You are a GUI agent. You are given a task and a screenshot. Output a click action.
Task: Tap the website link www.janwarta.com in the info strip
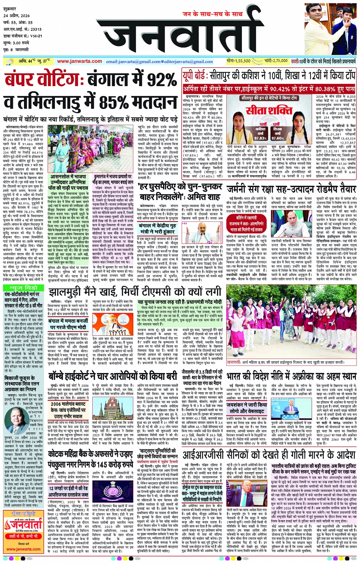click(80, 61)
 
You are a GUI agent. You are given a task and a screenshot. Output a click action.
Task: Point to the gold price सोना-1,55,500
click(238, 61)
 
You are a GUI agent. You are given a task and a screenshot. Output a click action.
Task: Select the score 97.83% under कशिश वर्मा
click(261, 138)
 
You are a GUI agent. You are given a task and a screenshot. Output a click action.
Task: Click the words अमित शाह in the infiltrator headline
click(203, 197)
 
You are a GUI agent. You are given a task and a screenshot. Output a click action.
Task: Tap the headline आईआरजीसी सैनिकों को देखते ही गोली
click(269, 455)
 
